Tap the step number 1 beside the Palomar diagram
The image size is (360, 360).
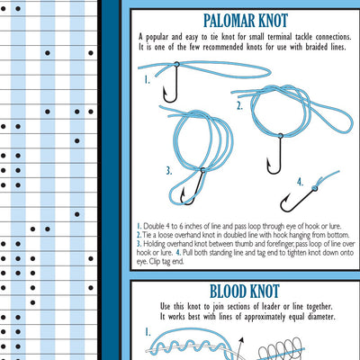[x=147, y=80]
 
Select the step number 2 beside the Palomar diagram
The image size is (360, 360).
[x=239, y=106]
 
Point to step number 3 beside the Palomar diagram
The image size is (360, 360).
[x=169, y=171]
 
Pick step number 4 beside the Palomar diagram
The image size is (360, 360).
[x=301, y=182]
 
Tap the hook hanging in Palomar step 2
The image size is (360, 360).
[x=274, y=154]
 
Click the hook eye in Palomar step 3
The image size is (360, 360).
[x=202, y=170]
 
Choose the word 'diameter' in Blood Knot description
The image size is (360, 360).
[x=321, y=317]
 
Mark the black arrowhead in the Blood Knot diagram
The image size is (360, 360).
[x=241, y=340]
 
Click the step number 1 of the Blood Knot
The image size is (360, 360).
[x=148, y=332]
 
